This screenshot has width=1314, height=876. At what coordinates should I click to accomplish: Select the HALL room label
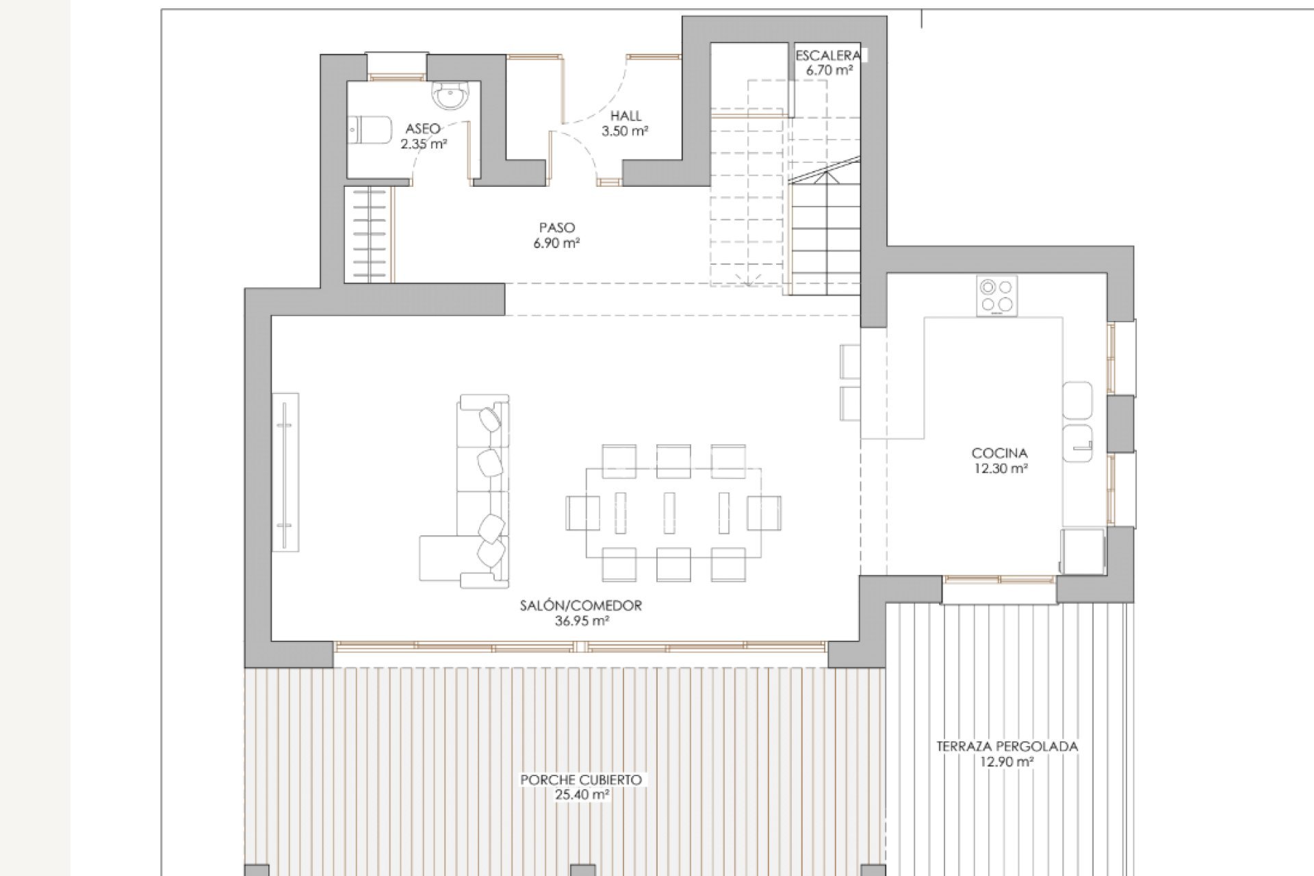[626, 116]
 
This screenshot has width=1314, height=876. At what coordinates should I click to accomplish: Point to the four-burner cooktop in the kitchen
[996, 296]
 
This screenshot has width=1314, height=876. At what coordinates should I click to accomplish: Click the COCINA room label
[999, 453]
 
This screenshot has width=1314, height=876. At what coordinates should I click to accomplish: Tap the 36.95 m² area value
[582, 621]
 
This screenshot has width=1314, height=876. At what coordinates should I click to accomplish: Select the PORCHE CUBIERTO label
[581, 780]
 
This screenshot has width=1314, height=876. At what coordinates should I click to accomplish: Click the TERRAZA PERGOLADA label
[1007, 746]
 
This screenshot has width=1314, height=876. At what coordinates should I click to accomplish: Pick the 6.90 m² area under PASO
[556, 243]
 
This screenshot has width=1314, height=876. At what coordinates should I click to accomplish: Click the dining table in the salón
[673, 512]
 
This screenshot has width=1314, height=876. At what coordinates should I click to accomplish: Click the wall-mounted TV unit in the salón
[285, 472]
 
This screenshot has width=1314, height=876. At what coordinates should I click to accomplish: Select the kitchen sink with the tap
[1077, 442]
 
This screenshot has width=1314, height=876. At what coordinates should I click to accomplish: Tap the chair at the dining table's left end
[582, 513]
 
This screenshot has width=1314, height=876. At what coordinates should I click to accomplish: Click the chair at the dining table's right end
[764, 513]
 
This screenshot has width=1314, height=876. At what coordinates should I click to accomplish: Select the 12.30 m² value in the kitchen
[999, 469]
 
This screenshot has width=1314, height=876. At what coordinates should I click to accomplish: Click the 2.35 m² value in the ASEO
[424, 144]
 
